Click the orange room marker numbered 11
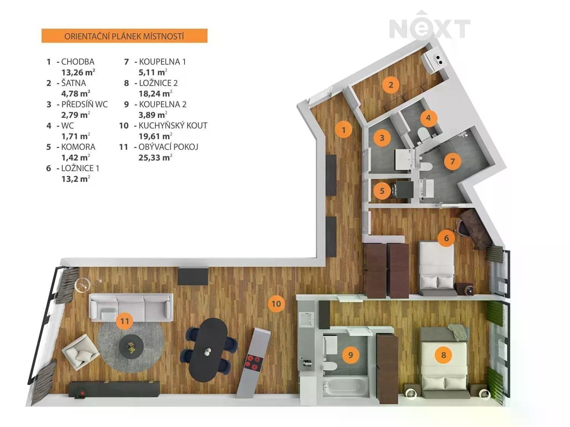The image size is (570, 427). click(x=125, y=321)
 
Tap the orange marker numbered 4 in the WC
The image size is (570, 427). click(x=428, y=118)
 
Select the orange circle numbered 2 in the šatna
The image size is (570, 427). click(x=391, y=85)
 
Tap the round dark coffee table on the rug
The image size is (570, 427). click(x=131, y=346)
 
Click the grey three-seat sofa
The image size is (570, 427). click(x=131, y=307)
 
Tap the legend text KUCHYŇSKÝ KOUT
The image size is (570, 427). click(x=173, y=126)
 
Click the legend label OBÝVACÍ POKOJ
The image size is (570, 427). click(x=168, y=147)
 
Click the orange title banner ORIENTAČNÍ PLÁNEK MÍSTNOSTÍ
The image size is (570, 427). click(x=124, y=36)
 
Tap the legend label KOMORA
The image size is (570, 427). click(x=78, y=147)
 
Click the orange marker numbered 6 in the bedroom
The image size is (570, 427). click(x=446, y=238)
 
